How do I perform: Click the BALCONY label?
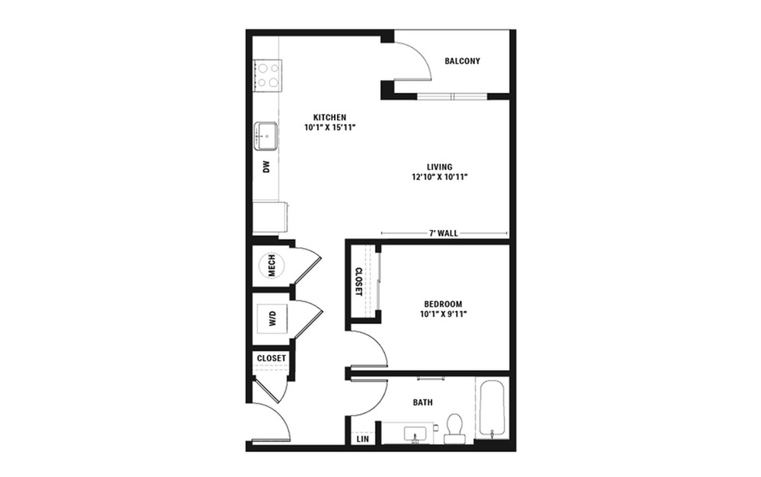click(463, 62)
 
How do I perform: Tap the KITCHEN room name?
click(329, 117)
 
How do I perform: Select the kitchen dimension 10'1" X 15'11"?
click(329, 127)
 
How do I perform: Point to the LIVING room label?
click(439, 167)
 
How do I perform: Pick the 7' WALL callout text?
click(443, 234)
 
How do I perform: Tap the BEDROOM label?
click(441, 303)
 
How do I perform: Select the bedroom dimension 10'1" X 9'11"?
click(441, 314)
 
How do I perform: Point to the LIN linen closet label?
click(362, 439)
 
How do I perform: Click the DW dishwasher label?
click(267, 167)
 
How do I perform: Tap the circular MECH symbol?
click(271, 265)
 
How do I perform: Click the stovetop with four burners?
click(268, 75)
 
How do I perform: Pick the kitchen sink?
click(268, 136)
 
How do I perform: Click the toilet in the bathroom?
click(455, 428)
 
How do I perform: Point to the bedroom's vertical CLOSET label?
click(358, 280)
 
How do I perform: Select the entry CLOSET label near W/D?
click(271, 358)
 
